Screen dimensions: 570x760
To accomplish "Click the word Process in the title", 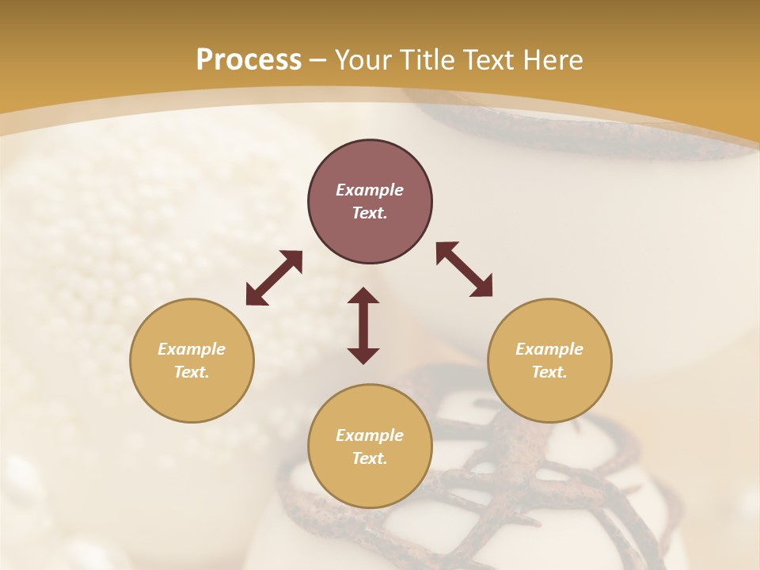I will (249, 60).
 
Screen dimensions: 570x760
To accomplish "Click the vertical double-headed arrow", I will (363, 325).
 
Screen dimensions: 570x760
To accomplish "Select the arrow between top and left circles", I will (274, 278).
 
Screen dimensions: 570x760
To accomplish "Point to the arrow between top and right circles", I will (464, 269).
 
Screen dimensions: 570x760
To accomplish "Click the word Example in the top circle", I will (370, 190).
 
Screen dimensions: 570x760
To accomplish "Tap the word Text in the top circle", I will (370, 213).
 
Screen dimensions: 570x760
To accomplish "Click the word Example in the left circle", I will (192, 349).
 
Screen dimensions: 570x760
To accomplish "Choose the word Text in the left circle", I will (192, 372).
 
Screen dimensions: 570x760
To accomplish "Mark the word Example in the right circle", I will (549, 349).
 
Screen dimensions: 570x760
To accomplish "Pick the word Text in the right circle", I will (549, 372).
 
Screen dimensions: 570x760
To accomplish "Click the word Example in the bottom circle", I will (370, 435).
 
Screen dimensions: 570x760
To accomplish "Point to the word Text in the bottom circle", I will (370, 458).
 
